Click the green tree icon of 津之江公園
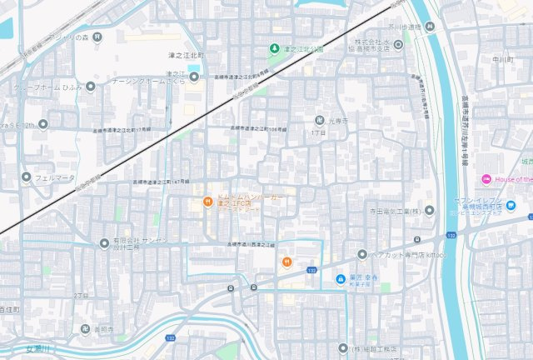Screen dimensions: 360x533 pos(275,48)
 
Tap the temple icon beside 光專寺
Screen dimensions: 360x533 pos(320,121)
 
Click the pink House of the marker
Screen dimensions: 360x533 pos(486,180)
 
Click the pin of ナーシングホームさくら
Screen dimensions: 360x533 pos(194,77)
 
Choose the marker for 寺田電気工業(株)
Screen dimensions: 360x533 pos(428,212)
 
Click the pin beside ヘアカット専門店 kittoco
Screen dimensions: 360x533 pos(362,254)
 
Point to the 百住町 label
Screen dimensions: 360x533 pos(10,309)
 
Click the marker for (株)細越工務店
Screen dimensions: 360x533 pos(343,347)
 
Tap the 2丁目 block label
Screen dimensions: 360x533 pos(81,296)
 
